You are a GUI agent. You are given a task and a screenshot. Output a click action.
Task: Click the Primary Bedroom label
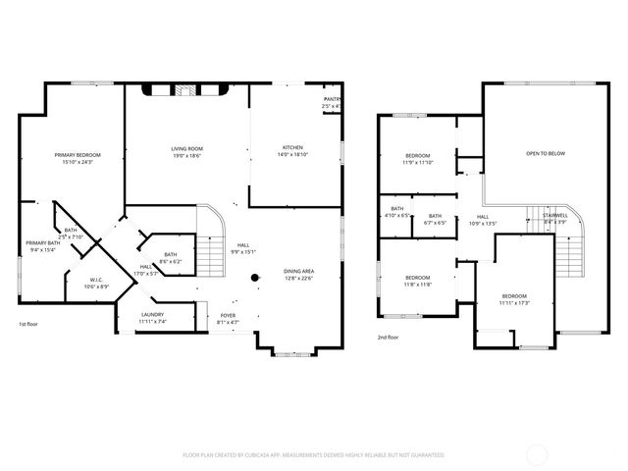78,155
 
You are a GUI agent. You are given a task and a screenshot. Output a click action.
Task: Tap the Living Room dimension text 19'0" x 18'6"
186,156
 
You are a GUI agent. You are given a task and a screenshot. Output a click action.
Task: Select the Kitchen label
293,148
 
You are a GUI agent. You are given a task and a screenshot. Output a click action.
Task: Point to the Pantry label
333,99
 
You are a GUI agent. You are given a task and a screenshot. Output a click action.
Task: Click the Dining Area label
298,271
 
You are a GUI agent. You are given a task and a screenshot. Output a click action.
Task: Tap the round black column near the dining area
254,278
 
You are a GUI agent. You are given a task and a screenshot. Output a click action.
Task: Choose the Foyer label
228,315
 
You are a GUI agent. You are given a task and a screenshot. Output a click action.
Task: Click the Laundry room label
152,315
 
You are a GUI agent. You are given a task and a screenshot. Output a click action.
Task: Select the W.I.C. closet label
95,282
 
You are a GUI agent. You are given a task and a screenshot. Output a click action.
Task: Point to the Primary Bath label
43,242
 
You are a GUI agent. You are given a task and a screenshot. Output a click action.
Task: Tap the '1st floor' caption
29,324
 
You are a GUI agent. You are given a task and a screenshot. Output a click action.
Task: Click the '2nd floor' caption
389,337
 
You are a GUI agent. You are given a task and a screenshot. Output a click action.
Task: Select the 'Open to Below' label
546,153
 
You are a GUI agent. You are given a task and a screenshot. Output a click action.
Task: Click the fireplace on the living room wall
186,90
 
